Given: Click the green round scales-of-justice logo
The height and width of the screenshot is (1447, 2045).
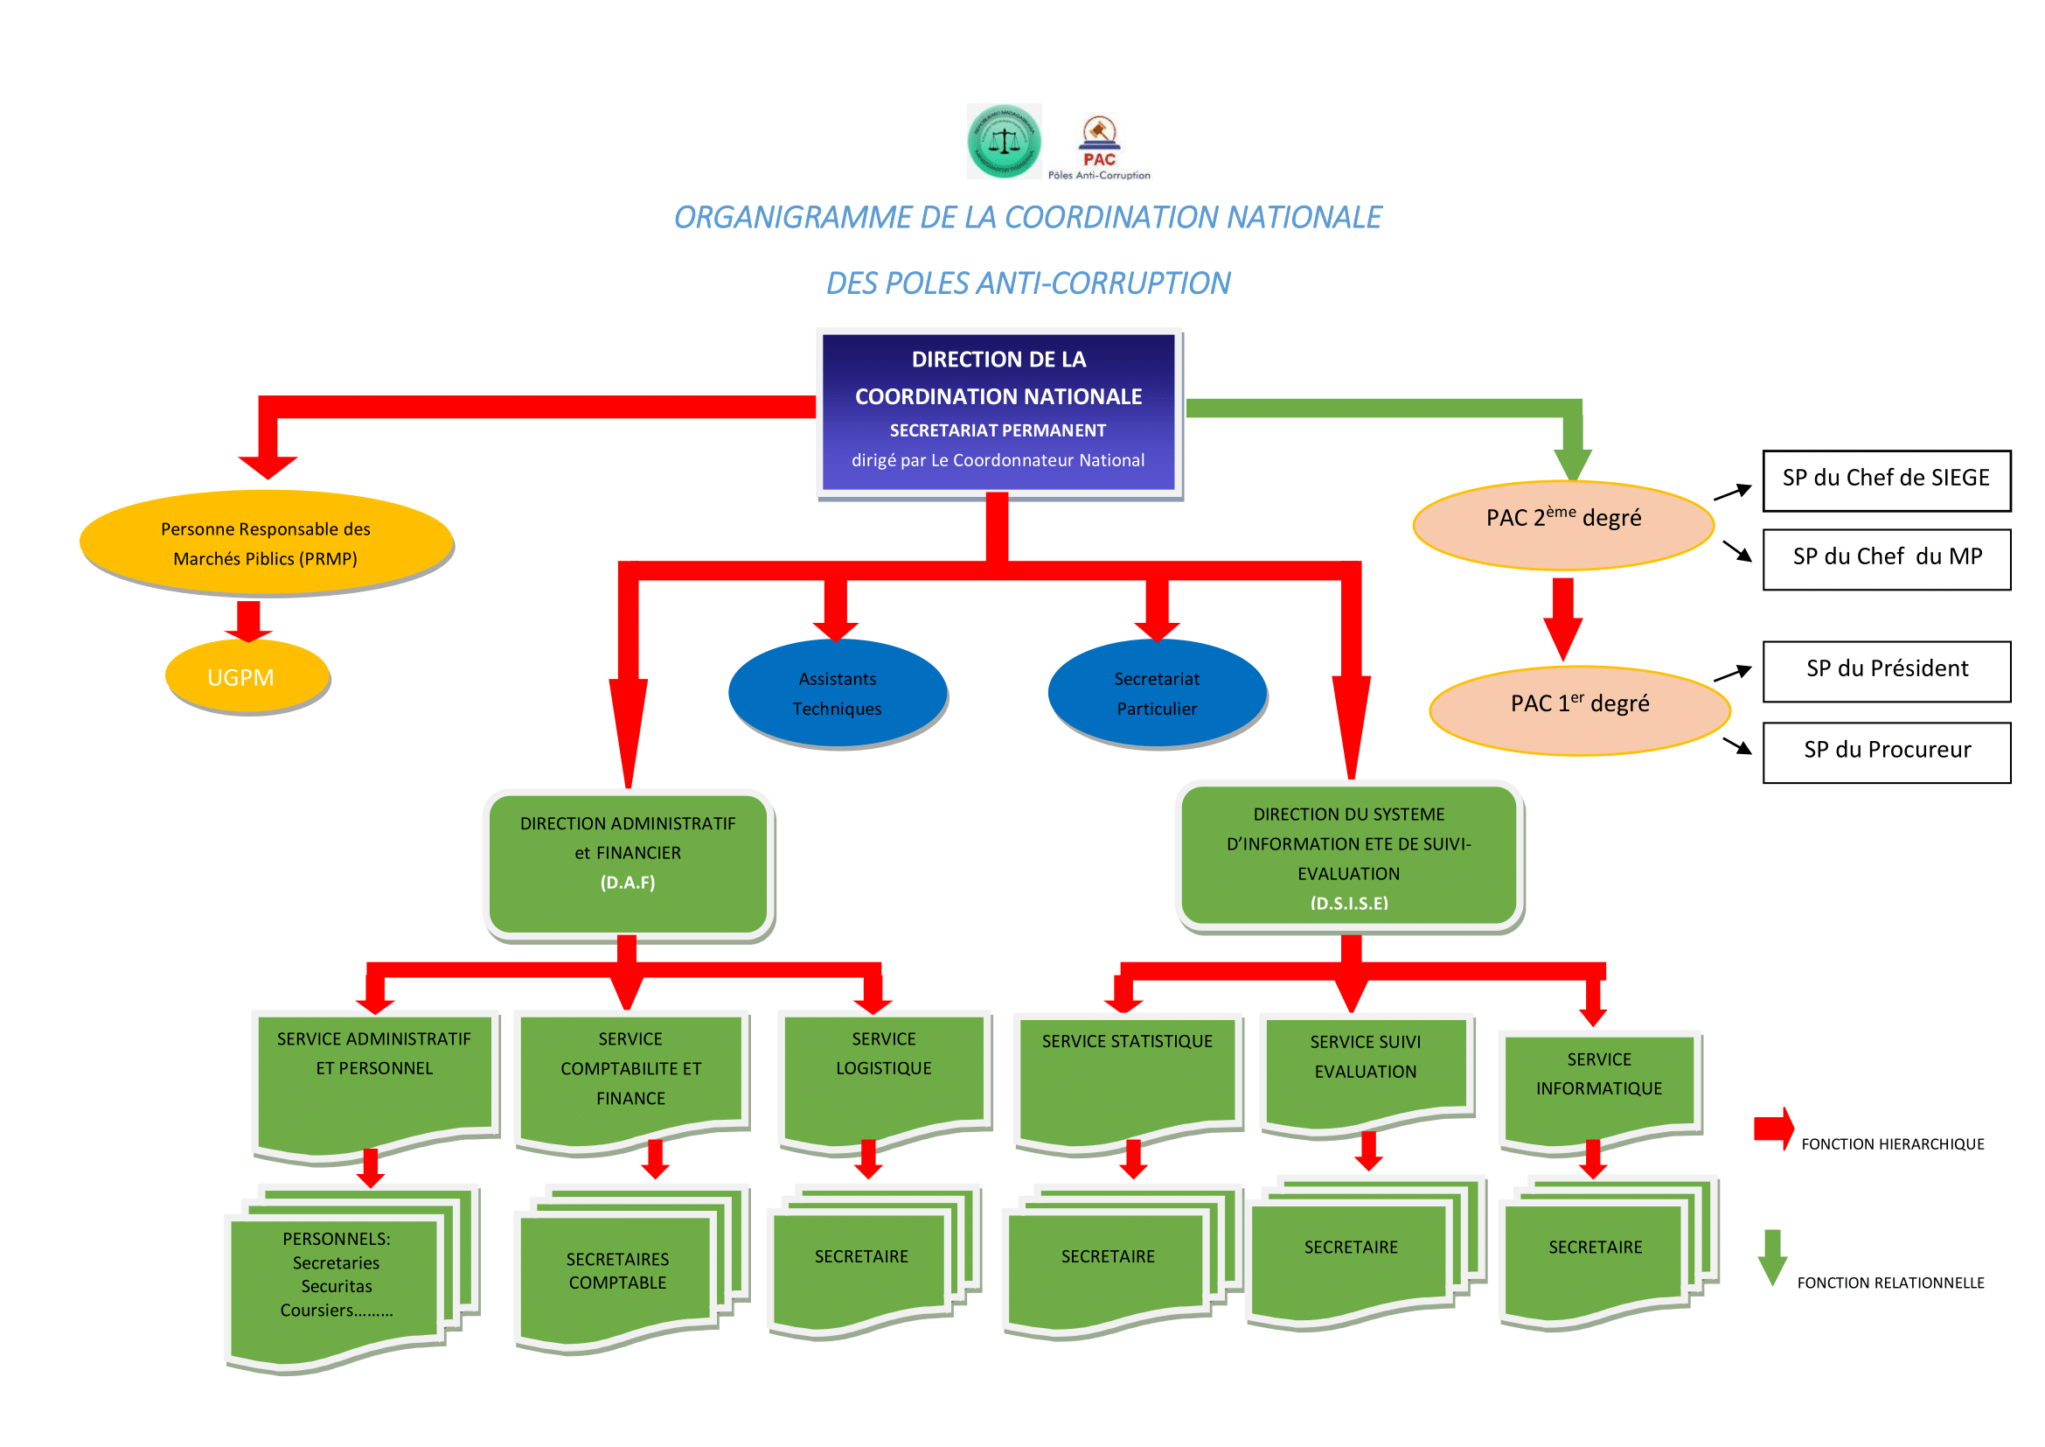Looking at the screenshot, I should click(x=1004, y=141).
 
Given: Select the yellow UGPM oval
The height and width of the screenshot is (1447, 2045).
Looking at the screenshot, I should click(x=247, y=677).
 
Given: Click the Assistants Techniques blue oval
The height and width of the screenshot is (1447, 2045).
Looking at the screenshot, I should click(x=837, y=693).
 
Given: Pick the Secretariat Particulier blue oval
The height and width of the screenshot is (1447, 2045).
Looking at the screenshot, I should click(x=1156, y=693).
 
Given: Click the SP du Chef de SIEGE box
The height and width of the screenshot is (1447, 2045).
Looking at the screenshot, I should click(x=1886, y=480).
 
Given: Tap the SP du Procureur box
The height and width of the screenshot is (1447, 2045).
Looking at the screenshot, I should click(x=1886, y=752).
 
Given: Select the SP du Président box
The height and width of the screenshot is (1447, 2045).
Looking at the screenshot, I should click(x=1886, y=671).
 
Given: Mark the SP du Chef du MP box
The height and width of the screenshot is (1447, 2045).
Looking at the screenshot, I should click(x=1886, y=559).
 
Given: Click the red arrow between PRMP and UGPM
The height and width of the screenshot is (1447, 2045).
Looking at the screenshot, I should click(x=248, y=620).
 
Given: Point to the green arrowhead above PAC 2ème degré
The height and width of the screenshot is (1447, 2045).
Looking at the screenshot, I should click(x=1573, y=461).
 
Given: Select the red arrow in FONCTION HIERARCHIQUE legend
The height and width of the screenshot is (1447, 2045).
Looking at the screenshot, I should click(x=1772, y=1129).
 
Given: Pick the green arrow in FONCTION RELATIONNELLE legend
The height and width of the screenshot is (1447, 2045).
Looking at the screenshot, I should click(x=1772, y=1257).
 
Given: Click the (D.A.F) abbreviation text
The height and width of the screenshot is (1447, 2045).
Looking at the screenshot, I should click(x=627, y=882).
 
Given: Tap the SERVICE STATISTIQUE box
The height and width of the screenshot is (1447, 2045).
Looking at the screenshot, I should click(x=1127, y=1078).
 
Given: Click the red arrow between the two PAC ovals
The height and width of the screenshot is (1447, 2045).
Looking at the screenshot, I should click(x=1562, y=619).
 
